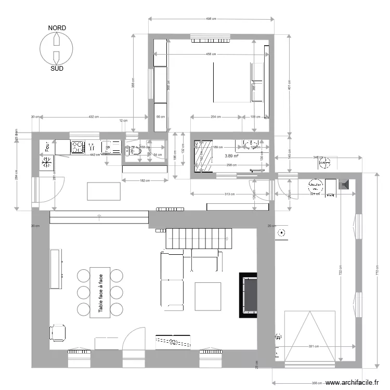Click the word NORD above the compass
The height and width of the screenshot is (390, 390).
coord(57,28)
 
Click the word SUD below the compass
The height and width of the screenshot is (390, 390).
coord(57,68)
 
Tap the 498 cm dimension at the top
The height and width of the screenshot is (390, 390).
coord(211,19)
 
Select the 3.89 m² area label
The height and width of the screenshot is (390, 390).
coord(231,155)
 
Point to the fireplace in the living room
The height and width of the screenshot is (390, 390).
coord(249,295)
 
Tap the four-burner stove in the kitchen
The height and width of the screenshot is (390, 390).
coord(78,147)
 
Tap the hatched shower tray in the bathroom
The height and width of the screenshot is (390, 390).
coord(203,155)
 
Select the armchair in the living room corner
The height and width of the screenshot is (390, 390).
coord(59,332)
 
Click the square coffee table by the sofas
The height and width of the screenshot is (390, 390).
coord(208,296)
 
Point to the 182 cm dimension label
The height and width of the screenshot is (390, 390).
coord(145,181)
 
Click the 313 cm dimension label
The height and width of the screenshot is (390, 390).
coord(224,194)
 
